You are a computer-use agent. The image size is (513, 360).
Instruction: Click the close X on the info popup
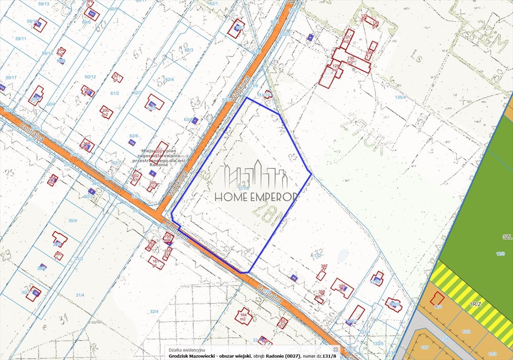pyautogui.click(x=335, y=349)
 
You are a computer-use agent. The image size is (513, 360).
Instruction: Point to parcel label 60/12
pyautogui.click(x=90, y=77)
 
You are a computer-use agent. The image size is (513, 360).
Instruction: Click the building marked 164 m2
pyautogui.click(x=243, y=317)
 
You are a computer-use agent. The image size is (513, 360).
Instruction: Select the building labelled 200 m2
pyautogui.click(x=106, y=112)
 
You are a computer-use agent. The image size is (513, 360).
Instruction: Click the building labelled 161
pyautogui.click(x=156, y=262)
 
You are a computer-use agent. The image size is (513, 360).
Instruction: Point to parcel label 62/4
pyautogui.click(x=169, y=79)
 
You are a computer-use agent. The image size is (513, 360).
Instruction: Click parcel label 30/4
pyautogui.click(x=72, y=219)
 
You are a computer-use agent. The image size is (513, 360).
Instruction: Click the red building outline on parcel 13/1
pyautogui.click(x=438, y=298)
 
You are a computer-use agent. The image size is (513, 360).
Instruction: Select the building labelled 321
pyautogui.click(x=118, y=77)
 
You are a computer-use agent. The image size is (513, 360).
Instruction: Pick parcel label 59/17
pyautogui.click(x=11, y=77)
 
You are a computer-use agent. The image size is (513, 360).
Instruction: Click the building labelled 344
pyautogui.click(x=87, y=145)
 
